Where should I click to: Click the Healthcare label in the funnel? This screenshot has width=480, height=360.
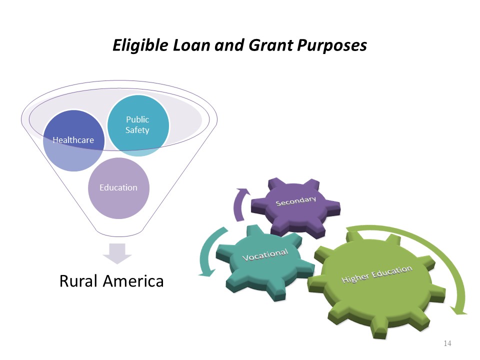point(73,140)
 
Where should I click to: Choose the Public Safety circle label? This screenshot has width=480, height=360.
point(137,125)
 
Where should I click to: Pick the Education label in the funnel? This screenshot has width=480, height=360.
point(118,187)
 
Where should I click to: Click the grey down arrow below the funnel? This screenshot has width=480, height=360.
point(117,254)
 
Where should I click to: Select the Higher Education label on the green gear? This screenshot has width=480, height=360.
point(377,274)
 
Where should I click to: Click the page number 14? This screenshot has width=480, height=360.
point(447,343)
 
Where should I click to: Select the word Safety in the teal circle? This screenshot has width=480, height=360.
point(137,130)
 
